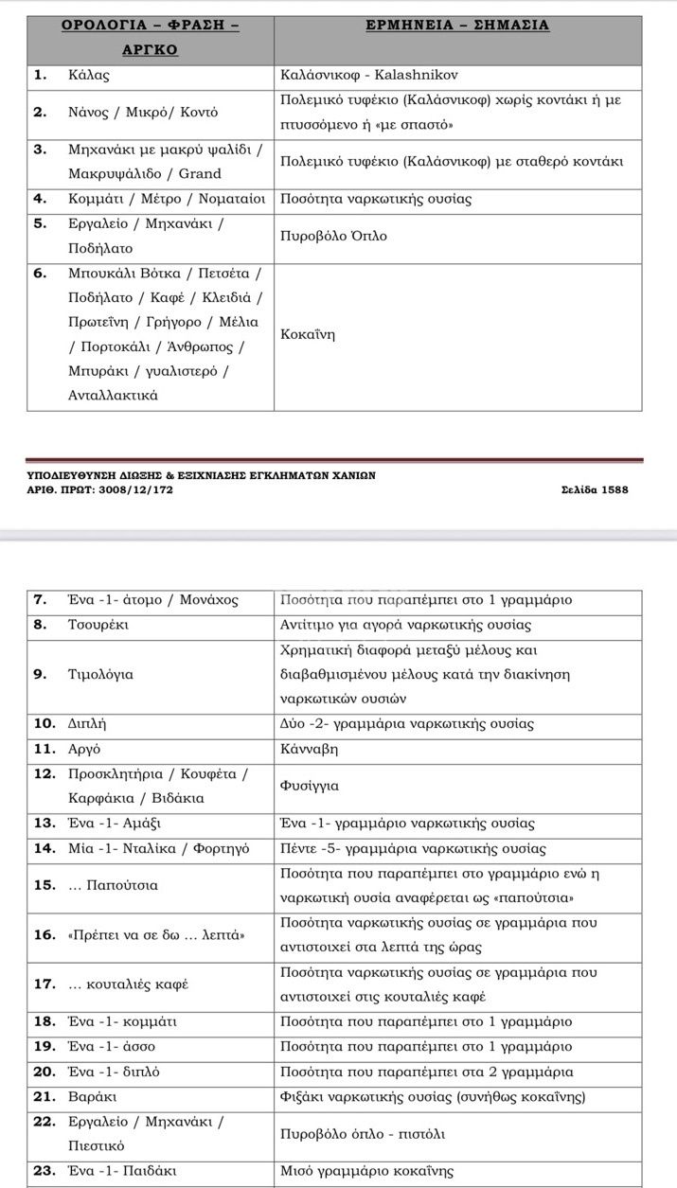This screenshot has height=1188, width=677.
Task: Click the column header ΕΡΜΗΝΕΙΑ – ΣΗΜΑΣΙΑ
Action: click(457, 26)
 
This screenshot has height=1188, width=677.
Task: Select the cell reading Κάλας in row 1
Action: click(90, 75)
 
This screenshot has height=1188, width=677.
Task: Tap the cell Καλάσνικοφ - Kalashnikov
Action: click(369, 75)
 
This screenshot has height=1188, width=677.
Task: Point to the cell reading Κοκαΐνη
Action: click(308, 334)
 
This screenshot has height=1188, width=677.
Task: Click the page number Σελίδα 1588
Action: click(595, 489)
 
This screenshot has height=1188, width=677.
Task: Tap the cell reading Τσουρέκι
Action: click(98, 625)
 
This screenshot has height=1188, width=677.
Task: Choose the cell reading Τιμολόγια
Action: click(100, 675)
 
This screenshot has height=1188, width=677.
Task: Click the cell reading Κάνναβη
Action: click(310, 749)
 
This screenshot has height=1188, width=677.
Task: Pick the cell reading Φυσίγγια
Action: click(310, 786)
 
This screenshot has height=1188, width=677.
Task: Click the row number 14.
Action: click(45, 848)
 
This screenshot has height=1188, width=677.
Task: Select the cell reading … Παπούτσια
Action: click(114, 886)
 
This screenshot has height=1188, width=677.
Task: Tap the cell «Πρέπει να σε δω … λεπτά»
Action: click(156, 935)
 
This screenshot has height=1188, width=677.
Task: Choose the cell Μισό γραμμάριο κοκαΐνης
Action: click(366, 1171)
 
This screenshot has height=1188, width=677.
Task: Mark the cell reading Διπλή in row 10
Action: click(87, 724)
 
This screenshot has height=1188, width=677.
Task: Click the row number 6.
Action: click(40, 274)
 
